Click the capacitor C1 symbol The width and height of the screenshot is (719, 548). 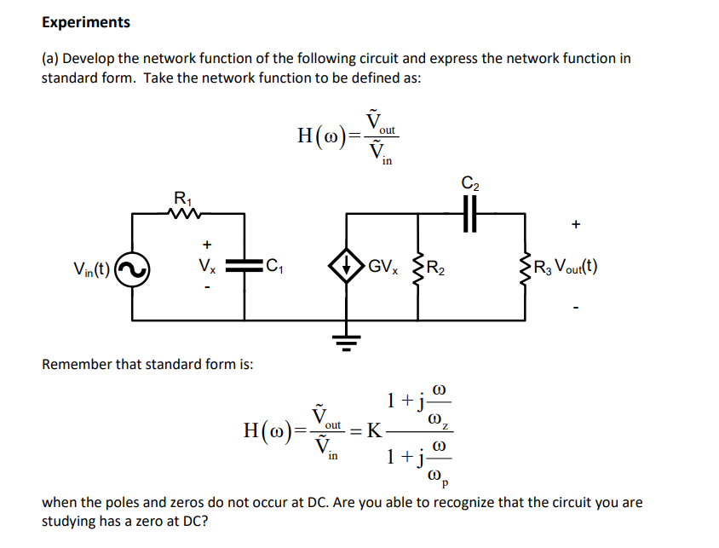click(245, 268)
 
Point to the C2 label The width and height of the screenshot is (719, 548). click(470, 182)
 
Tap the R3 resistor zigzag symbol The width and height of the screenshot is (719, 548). click(524, 268)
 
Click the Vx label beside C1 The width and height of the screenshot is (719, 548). click(207, 268)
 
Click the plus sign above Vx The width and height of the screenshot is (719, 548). click(206, 244)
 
